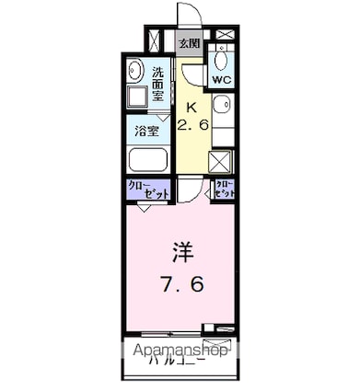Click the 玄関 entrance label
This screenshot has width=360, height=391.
pyautogui.click(x=189, y=42)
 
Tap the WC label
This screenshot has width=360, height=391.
pyautogui.click(x=222, y=80)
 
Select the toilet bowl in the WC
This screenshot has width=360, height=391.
pyautogui.click(x=223, y=61)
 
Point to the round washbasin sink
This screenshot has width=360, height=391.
pyautogui.click(x=134, y=69)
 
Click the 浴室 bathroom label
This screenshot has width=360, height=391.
pyautogui.click(x=146, y=130)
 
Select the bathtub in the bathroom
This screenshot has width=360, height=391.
pyautogui.click(x=147, y=160)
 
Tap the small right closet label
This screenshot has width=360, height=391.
pyautogui.click(x=224, y=190)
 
